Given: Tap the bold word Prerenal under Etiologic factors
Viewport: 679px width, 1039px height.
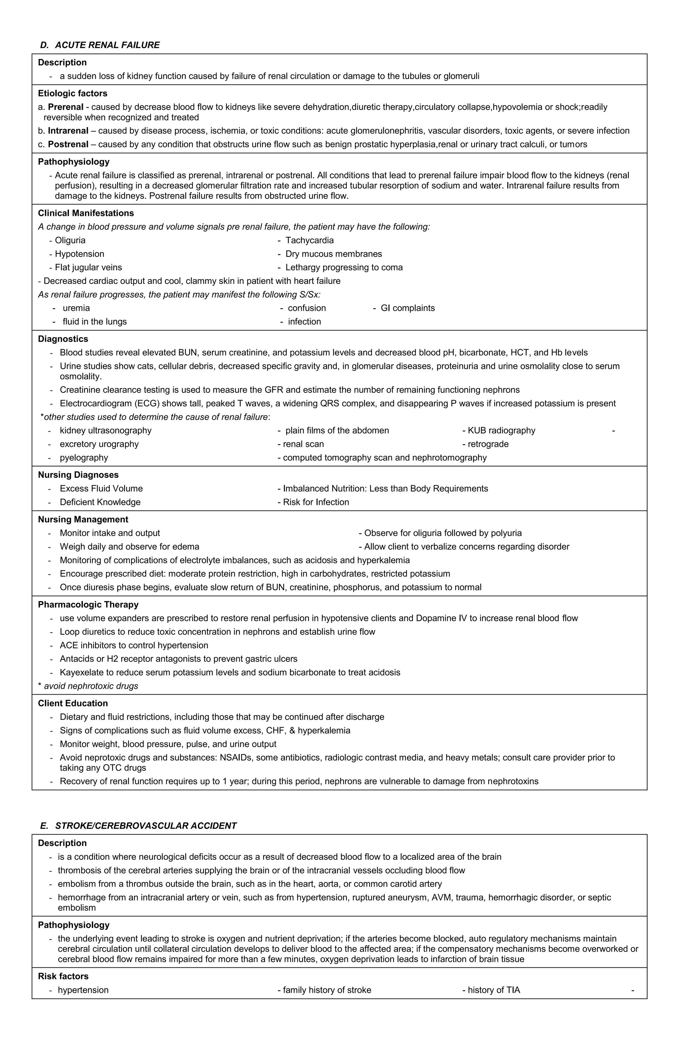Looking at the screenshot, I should pyautogui.click(x=65, y=107).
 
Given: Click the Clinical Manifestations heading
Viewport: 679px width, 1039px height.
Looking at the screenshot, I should pyautogui.click(x=86, y=213).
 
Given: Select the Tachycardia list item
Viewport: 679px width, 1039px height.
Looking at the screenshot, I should pyautogui.click(x=309, y=240).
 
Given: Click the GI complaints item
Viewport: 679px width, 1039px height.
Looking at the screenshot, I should pyautogui.click(x=407, y=308).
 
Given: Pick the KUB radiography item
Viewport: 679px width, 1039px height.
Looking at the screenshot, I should pyautogui.click(x=501, y=431).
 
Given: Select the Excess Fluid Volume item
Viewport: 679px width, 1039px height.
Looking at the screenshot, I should pyautogui.click(x=101, y=489).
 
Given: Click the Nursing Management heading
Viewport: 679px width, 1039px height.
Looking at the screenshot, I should pyautogui.click(x=83, y=519).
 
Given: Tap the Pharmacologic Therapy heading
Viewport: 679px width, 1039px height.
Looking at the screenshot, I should pyautogui.click(x=88, y=605).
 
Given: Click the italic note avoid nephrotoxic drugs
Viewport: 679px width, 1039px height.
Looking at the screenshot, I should pyautogui.click(x=91, y=686).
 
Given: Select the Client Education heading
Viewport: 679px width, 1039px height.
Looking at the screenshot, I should pyautogui.click(x=73, y=703).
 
